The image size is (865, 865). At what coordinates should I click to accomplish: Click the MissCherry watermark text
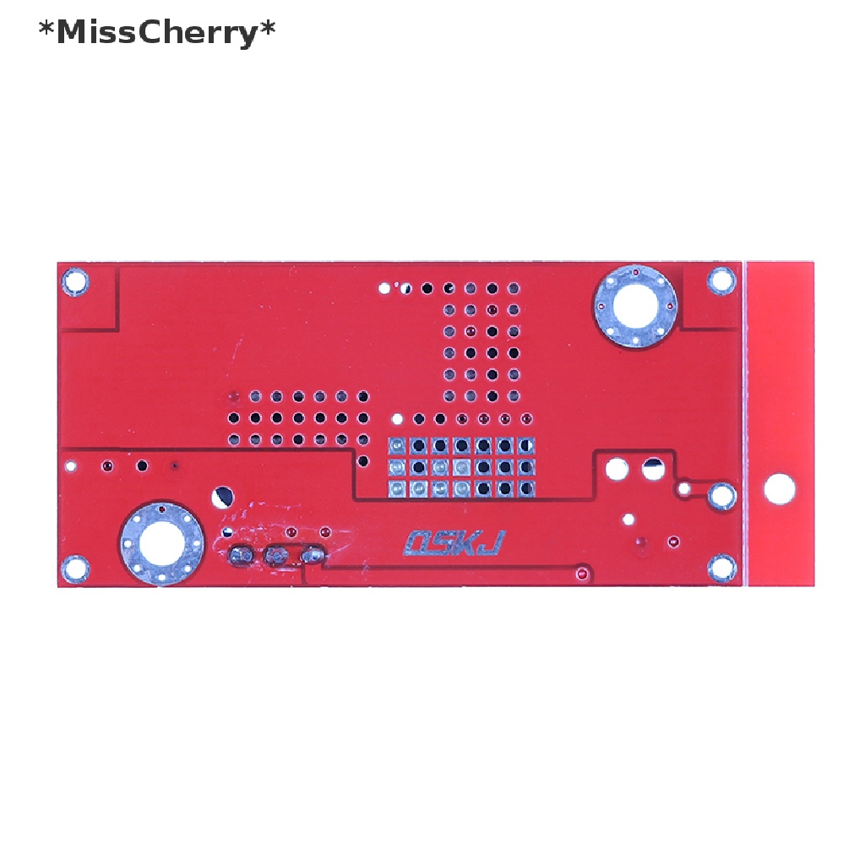157,33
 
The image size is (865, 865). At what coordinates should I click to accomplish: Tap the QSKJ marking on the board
454,542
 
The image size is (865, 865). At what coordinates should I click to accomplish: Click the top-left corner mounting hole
76,280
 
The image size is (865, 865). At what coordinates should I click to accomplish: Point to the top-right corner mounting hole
721,280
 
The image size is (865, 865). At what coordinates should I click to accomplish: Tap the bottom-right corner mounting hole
721,568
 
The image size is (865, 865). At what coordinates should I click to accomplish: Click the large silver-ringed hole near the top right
636,306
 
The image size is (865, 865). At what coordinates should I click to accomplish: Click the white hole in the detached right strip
779,489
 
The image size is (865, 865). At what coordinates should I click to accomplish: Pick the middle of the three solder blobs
276,555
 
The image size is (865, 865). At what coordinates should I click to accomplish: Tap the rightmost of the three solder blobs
313,555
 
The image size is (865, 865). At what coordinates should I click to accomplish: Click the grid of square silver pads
461,467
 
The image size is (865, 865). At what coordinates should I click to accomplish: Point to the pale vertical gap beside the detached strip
745,422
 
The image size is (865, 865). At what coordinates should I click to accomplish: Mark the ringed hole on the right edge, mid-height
721,495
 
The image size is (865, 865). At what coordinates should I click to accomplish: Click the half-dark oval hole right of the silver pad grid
652,466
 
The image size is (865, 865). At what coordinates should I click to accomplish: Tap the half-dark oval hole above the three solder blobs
223,497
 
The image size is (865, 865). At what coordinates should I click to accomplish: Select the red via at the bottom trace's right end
581,574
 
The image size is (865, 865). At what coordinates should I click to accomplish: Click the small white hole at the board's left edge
71,465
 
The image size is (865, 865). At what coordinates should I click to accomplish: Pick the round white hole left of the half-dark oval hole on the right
617,467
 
